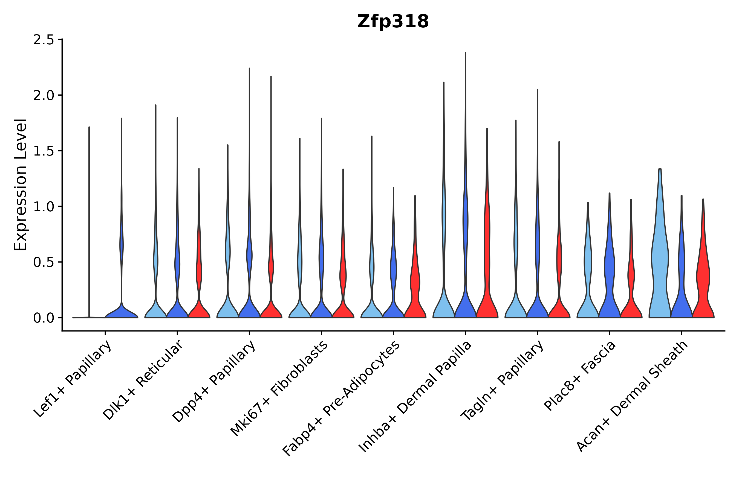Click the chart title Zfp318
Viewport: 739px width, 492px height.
393,22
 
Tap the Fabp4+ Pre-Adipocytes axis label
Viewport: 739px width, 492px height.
342,399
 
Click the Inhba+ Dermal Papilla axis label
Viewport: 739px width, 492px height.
415,397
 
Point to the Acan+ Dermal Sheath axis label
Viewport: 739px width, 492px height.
633,397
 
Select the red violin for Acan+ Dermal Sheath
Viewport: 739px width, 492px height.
703,282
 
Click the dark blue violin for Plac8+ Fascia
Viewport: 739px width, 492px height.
609,282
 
